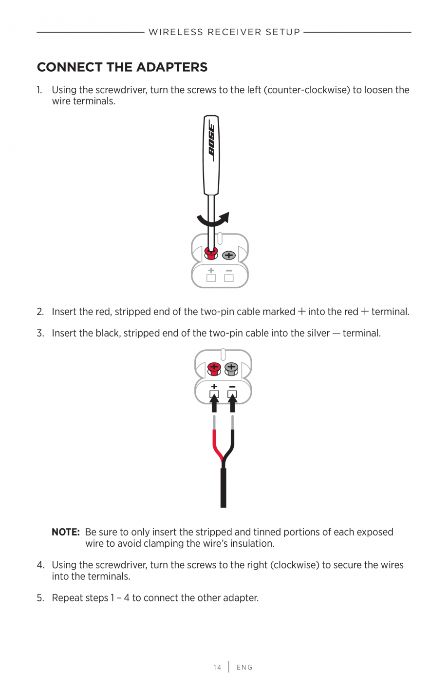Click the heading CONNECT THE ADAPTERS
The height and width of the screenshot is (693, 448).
click(x=122, y=67)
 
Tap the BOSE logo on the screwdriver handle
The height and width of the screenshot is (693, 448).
click(x=211, y=140)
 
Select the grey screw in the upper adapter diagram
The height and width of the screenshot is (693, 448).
click(x=229, y=255)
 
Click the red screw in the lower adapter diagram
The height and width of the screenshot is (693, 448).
click(x=214, y=368)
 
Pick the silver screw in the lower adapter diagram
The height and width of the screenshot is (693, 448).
click(x=231, y=368)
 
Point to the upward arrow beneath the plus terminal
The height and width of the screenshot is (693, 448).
click(x=214, y=403)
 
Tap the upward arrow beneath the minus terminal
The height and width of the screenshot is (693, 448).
click(x=232, y=403)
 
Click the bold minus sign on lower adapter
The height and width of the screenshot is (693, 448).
click(x=232, y=387)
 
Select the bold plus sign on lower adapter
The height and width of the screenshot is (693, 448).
click(x=214, y=387)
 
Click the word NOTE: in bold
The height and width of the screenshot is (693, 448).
click(x=66, y=532)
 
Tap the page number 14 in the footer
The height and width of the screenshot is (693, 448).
click(x=217, y=667)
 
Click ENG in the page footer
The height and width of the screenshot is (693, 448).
click(x=244, y=667)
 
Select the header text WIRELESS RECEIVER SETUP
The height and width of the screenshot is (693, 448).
click(x=224, y=32)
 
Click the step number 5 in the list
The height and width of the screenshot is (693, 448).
click(x=40, y=598)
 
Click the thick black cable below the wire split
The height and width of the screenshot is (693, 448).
click(x=224, y=488)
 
